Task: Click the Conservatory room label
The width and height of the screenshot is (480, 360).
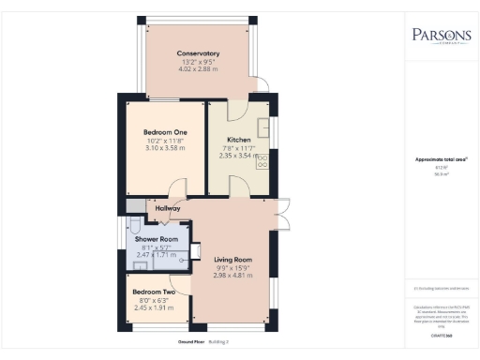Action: point(198,53)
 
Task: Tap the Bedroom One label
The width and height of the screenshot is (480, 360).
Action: point(165,133)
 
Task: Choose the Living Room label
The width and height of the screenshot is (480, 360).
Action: point(233,260)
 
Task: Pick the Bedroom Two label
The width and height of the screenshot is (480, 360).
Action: point(152,291)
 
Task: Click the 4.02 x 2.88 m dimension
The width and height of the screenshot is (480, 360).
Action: point(198,69)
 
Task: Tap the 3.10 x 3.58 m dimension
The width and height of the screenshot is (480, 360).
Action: point(165,149)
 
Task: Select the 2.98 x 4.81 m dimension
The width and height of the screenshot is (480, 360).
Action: point(233,276)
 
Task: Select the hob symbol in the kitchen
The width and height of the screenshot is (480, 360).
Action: point(264,161)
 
